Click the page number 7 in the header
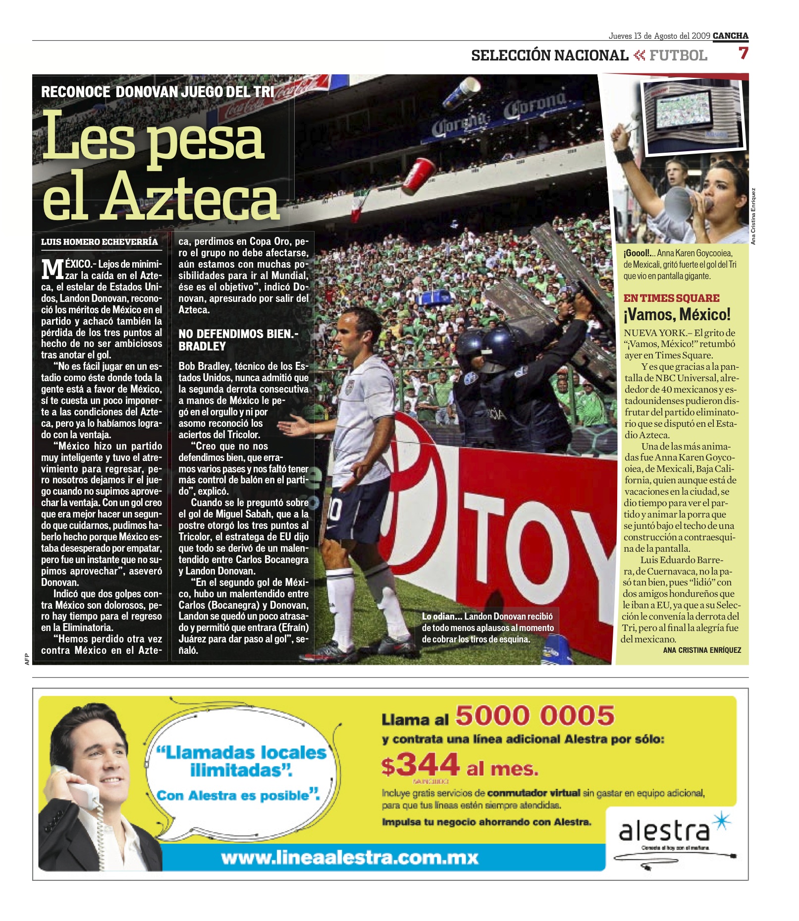(743, 53)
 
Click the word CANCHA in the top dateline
(730, 36)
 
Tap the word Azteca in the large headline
(191, 198)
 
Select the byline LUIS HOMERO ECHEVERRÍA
(100, 242)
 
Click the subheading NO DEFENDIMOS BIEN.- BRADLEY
(238, 340)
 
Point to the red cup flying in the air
(418, 176)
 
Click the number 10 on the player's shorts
(335, 509)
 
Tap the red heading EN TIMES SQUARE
(671, 298)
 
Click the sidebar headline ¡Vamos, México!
(677, 314)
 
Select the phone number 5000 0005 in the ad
(534, 716)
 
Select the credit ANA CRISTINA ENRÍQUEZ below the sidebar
(701, 650)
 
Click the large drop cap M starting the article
(52, 270)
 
